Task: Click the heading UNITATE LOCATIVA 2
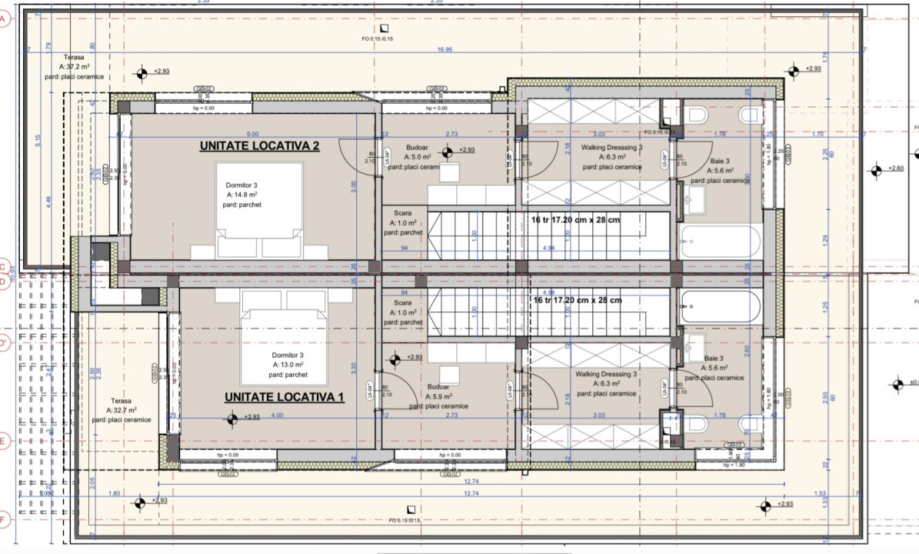[259, 146]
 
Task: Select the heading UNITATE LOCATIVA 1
[284, 397]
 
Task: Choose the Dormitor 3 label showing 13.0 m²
[288, 365]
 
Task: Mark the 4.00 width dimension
[277, 415]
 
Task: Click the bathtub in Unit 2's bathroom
[721, 242]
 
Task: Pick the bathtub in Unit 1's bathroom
[721, 306]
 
